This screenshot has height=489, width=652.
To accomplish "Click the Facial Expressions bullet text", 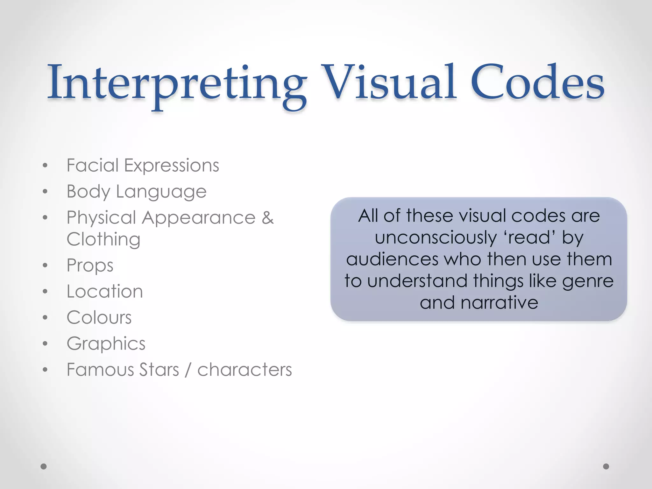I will pos(143,166).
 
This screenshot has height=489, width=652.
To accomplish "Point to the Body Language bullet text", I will pos(136,192).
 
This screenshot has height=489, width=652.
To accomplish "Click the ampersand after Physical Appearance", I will pos(268,218).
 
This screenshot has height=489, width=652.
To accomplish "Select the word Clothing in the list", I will pos(103,239).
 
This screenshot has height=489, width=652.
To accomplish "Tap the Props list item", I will pos(90,266).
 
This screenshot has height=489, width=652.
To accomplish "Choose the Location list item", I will pos(104,291).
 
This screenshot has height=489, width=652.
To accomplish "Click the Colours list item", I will pos(99,317).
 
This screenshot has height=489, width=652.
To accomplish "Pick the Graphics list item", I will pos(106,344).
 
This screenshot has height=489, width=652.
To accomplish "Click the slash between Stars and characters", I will pos(188,370).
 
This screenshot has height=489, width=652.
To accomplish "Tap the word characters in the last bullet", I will pos(244,370).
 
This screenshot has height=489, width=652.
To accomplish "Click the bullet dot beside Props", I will pos(45,265).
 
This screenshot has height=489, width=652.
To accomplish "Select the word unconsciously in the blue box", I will pos(435,238).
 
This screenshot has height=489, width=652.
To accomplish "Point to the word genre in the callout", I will pos(587,281).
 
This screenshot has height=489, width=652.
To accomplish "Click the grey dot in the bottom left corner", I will pos(44,466).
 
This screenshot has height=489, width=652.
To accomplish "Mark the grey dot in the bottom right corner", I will pos(606,466).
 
